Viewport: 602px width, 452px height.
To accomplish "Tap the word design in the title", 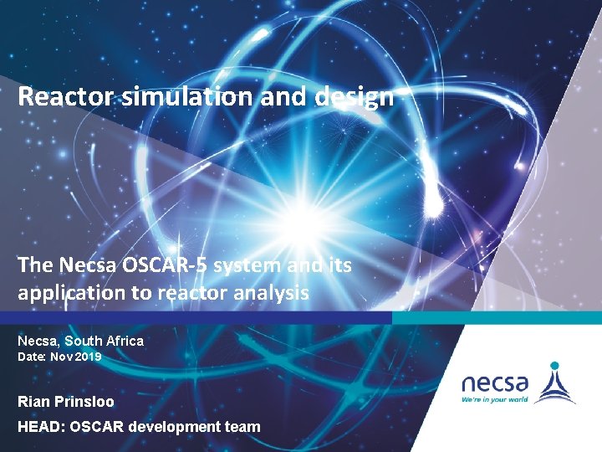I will pyautogui.click(x=355, y=97).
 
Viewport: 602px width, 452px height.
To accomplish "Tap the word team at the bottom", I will pyautogui.click(x=243, y=427).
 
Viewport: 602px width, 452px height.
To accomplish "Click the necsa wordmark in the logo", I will pyautogui.click(x=495, y=383).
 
